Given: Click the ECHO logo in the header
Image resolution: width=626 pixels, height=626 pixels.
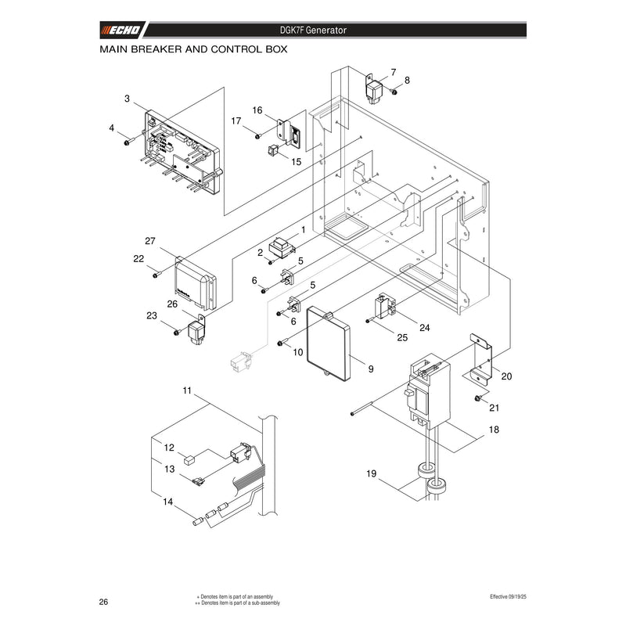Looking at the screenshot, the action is click(121, 30).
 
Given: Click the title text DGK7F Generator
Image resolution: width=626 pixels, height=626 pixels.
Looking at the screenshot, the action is click(313, 30).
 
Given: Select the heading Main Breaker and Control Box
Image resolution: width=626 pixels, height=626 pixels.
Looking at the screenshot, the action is click(193, 49).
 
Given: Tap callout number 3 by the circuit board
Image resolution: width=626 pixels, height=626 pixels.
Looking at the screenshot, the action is click(127, 99).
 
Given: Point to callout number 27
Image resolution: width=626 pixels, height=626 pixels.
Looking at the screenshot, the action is click(149, 241).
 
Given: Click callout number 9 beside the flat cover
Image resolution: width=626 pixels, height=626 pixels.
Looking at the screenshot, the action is click(371, 369).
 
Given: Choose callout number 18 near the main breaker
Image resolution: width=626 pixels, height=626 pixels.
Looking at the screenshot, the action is click(494, 429).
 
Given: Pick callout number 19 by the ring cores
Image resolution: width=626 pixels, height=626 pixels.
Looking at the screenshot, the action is click(371, 473).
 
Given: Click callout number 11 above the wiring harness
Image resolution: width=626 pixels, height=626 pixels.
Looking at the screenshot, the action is click(187, 390).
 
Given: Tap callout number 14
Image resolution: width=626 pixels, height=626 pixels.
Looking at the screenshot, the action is click(167, 502).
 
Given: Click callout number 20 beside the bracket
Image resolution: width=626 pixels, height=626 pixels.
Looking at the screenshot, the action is click(506, 376).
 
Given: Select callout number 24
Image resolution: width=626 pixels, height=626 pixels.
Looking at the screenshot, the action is click(424, 328).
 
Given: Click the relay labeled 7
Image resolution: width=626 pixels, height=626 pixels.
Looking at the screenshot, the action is click(374, 91).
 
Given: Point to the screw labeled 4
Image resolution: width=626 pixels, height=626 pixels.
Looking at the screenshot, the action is click(126, 142).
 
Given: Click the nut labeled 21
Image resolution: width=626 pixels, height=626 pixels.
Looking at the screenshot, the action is click(477, 398).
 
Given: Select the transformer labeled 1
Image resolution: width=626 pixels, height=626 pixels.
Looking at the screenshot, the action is click(282, 247).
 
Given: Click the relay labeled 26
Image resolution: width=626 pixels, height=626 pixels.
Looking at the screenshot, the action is click(196, 329).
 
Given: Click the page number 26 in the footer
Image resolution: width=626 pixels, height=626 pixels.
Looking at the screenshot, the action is click(103, 602).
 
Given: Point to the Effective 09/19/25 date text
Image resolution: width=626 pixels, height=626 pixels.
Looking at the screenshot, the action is click(508, 596).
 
